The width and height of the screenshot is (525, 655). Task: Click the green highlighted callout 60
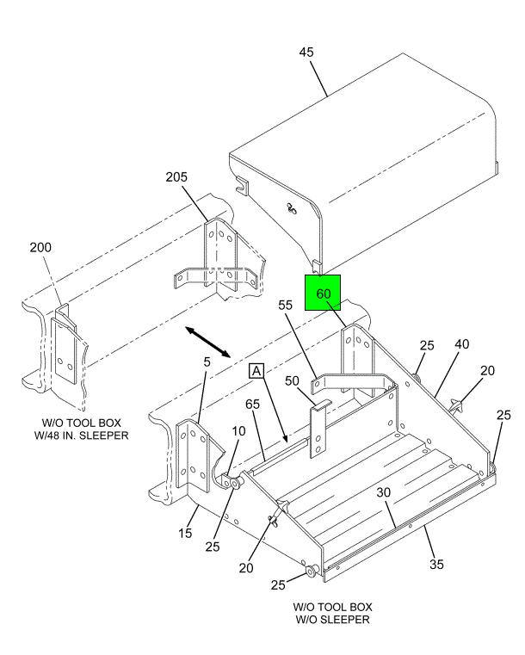click(x=324, y=293)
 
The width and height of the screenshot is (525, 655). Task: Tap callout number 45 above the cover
click(x=306, y=53)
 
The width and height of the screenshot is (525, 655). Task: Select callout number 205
click(x=176, y=177)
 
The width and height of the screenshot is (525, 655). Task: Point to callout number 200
click(x=40, y=247)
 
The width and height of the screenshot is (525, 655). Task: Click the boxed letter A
click(x=256, y=371)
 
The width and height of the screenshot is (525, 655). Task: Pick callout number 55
click(x=286, y=305)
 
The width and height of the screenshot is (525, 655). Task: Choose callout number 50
click(x=292, y=380)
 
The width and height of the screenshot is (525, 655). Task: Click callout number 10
click(x=238, y=429)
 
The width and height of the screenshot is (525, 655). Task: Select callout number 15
click(x=185, y=534)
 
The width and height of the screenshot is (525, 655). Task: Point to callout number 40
click(x=462, y=343)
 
